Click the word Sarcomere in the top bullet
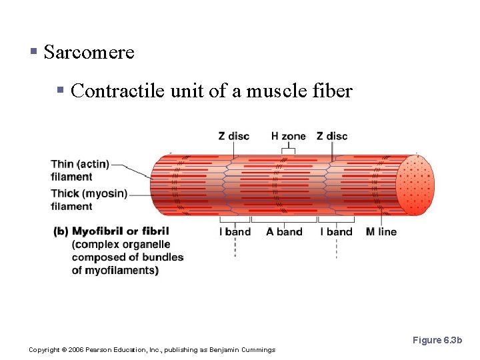click(89, 52)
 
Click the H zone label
click(288, 136)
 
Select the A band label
click(284, 232)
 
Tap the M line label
click(381, 232)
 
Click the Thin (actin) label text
click(80, 164)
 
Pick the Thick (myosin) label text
click(89, 194)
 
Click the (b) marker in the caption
click(61, 231)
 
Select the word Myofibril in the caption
click(97, 231)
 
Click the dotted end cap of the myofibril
click(415, 185)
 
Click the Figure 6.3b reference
click(437, 340)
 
